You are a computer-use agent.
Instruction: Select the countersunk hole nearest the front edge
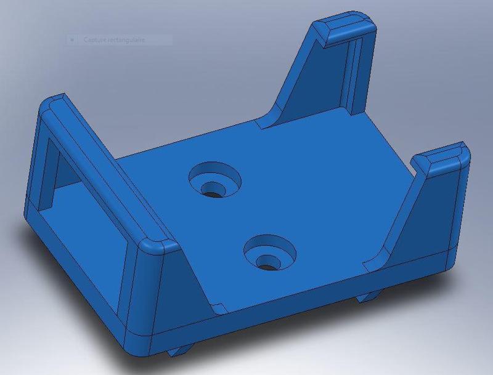269,254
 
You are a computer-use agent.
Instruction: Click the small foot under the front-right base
370,297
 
